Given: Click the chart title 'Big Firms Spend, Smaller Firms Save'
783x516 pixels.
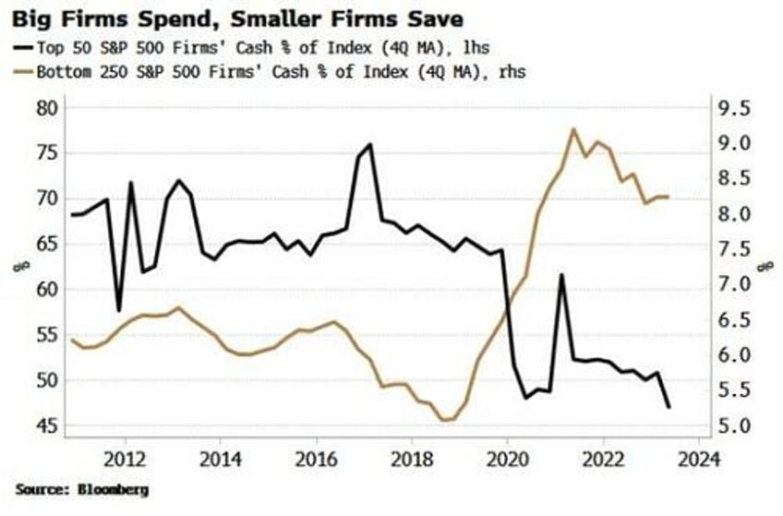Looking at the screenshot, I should (238, 18).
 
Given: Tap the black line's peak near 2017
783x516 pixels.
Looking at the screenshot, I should (370, 144).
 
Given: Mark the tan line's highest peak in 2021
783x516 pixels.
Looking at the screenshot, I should (573, 129).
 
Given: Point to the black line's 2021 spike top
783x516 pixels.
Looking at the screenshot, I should (560, 274).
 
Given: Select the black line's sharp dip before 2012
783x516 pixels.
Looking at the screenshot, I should (118, 310).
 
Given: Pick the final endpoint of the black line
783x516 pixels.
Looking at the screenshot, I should (669, 407).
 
